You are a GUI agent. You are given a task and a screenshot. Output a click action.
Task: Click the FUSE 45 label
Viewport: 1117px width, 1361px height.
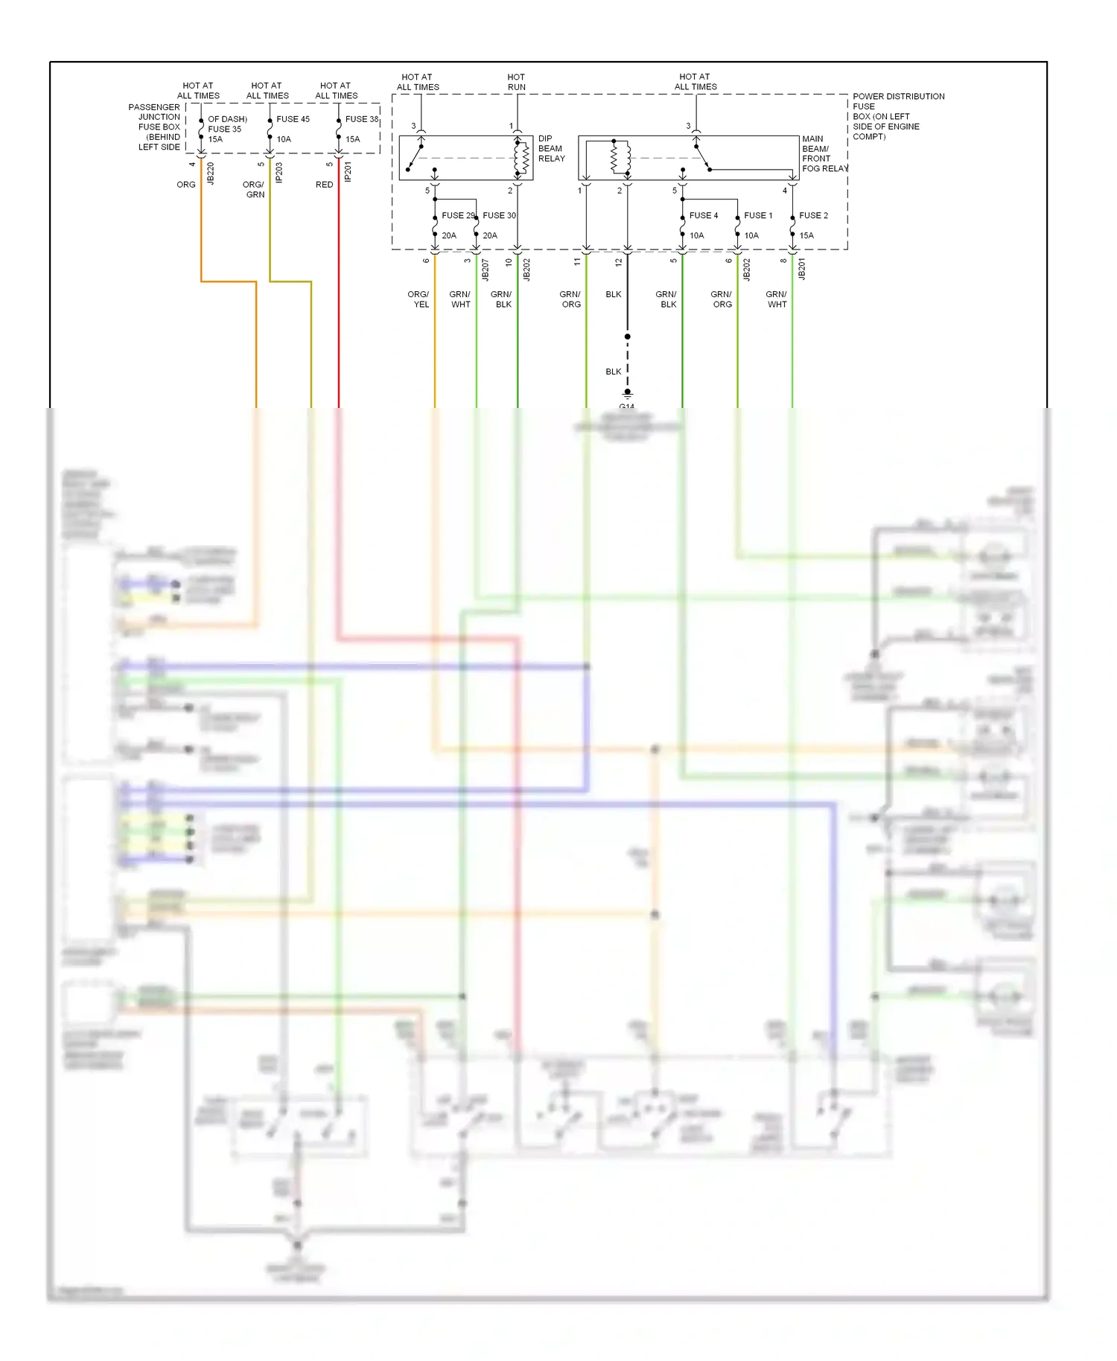[x=293, y=119]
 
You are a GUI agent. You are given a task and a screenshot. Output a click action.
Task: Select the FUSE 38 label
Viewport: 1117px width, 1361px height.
[x=361, y=119]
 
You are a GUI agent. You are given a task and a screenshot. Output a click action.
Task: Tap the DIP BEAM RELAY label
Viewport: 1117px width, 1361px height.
[x=551, y=148]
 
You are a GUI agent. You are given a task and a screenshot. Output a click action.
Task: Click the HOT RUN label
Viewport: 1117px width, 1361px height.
[x=516, y=82]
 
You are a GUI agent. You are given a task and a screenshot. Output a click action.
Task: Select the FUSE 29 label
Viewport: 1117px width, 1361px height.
[x=457, y=215]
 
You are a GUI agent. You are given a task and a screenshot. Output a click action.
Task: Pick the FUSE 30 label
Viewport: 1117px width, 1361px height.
[x=499, y=215]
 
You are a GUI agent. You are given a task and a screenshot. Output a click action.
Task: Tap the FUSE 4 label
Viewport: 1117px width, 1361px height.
[x=703, y=215]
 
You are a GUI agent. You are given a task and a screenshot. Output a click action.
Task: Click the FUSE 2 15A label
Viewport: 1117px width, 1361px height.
[x=812, y=225]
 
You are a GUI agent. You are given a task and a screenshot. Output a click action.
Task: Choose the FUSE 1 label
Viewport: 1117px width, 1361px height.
[x=758, y=215]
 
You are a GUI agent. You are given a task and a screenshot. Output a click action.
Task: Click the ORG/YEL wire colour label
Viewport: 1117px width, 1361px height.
[x=419, y=299]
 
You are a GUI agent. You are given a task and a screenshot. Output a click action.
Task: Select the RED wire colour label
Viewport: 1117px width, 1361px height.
[x=324, y=185]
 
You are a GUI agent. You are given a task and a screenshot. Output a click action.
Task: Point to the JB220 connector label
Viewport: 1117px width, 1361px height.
[x=211, y=173]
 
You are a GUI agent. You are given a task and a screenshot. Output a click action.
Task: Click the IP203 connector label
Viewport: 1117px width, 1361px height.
[x=279, y=173]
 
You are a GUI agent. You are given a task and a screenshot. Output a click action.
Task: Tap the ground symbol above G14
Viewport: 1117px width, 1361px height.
[x=628, y=394]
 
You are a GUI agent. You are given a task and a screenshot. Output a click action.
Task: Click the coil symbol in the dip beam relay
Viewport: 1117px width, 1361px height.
[x=522, y=158]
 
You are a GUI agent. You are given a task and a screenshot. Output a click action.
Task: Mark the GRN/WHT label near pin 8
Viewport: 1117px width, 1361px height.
[x=776, y=299]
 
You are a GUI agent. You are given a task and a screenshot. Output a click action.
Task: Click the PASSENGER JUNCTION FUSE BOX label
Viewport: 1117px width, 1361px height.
[x=155, y=127]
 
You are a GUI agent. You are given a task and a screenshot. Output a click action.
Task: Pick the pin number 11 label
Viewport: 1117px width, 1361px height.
[x=577, y=261]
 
